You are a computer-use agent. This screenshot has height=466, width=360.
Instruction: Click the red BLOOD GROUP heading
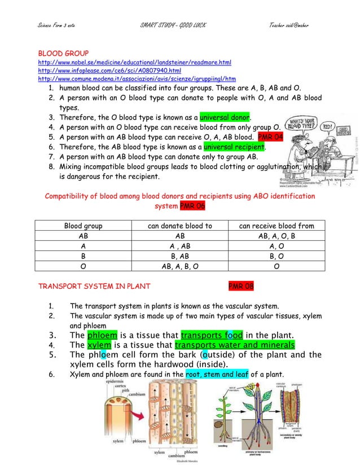[x=60, y=53]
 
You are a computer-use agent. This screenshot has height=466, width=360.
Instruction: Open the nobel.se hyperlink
[x=134, y=62]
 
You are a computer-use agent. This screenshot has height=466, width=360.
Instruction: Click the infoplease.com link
[x=109, y=71]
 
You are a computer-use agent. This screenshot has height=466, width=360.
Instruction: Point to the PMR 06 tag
[x=192, y=206]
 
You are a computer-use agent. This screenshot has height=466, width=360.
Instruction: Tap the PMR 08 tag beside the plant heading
[x=241, y=286]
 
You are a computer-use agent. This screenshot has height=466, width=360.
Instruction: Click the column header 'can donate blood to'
[x=180, y=226]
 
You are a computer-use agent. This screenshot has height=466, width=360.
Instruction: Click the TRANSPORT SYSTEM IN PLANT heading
[x=94, y=286]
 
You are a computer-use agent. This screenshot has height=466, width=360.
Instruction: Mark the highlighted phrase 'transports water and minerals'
[x=235, y=345]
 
